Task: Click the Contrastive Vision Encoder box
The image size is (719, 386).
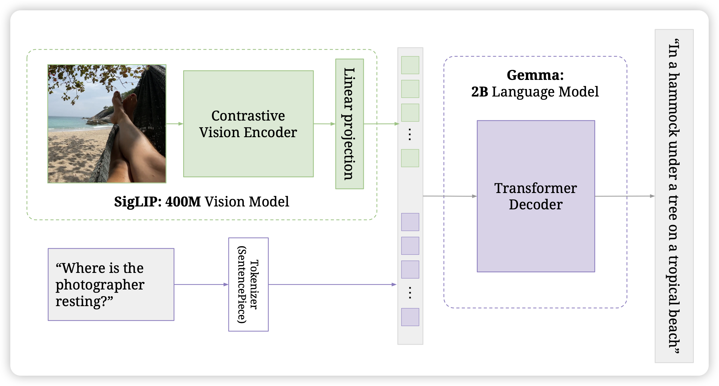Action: (x=248, y=124)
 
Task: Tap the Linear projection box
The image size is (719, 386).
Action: (x=349, y=124)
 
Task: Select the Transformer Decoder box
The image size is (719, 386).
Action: (x=536, y=196)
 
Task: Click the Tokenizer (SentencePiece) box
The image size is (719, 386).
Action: (x=248, y=284)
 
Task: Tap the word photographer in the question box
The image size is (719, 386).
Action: (x=100, y=285)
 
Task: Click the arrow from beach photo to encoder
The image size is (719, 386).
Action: (x=175, y=124)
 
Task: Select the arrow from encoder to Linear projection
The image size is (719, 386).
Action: (x=324, y=124)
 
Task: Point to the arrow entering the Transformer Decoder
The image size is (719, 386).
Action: (x=449, y=196)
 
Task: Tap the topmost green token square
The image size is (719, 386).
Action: (x=410, y=65)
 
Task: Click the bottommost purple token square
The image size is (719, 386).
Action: (x=410, y=317)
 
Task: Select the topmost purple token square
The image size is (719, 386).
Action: (x=410, y=222)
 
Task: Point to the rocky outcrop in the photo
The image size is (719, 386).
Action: (x=100, y=117)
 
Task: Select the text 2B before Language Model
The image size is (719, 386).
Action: (x=479, y=92)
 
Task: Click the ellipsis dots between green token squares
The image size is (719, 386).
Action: (x=410, y=135)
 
